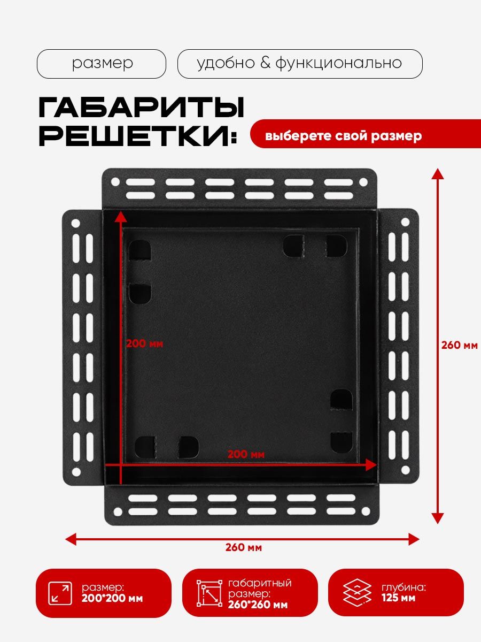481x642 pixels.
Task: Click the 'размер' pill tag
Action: click(102, 64)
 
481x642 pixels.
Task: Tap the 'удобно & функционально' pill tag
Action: click(299, 64)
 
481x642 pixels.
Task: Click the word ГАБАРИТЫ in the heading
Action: click(141, 109)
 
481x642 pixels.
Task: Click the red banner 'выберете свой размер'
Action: click(343, 136)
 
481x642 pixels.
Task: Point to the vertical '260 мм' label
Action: click(459, 345)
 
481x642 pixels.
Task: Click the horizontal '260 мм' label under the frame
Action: click(243, 547)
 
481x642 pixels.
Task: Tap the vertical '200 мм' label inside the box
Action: click(144, 343)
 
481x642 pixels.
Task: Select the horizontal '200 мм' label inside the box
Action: click(246, 454)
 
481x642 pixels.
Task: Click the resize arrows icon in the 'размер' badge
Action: click(60, 594)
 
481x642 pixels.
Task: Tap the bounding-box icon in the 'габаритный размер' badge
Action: click(210, 593)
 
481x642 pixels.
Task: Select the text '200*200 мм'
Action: click(112, 599)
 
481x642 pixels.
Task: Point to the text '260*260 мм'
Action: click(258, 605)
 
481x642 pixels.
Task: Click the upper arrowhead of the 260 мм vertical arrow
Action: click(438, 173)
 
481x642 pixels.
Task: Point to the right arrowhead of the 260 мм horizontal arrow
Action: click(414, 539)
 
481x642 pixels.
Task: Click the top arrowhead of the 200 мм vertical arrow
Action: click(121, 216)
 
